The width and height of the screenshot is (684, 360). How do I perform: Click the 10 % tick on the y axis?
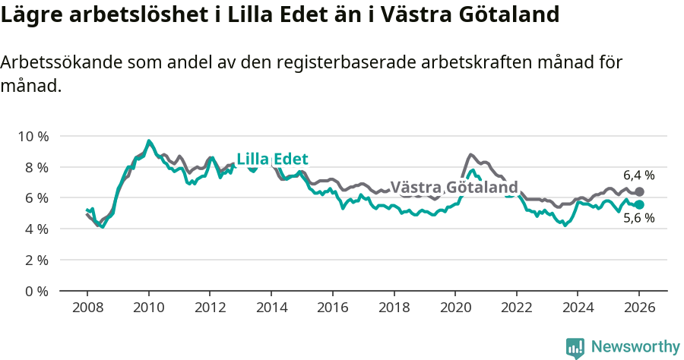click(x=32, y=136)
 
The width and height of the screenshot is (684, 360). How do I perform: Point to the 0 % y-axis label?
click(x=36, y=291)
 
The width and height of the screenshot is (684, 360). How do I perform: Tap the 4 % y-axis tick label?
click(x=36, y=229)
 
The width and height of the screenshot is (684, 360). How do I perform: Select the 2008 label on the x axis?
click(x=87, y=308)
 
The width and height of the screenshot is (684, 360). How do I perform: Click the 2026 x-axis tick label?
click(x=639, y=308)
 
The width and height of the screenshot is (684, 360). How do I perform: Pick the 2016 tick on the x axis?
click(x=332, y=308)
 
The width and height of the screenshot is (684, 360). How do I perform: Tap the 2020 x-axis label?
click(x=455, y=308)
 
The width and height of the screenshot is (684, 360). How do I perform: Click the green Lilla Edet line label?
click(x=272, y=159)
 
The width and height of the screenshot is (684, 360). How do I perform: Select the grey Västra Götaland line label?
click(x=454, y=188)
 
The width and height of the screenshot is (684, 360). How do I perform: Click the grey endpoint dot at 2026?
click(x=639, y=191)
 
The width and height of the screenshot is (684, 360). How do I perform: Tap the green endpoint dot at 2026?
click(x=639, y=205)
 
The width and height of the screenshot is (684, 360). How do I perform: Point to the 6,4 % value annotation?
click(x=638, y=175)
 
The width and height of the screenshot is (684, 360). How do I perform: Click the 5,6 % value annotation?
click(x=638, y=219)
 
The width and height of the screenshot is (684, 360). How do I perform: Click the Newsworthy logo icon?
click(x=575, y=347)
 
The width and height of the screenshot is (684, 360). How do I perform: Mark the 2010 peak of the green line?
click(x=149, y=141)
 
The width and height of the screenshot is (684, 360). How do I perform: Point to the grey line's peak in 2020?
click(x=470, y=154)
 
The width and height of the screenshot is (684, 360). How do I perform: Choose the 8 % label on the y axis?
click(x=36, y=167)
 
